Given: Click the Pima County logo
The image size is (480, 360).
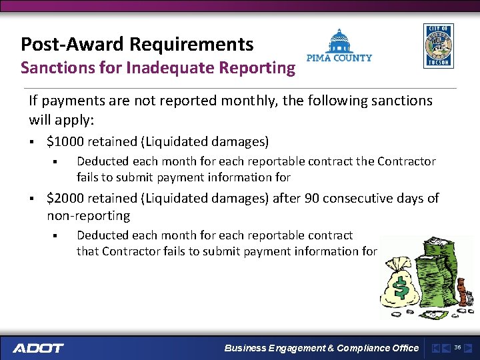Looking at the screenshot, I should (339, 45).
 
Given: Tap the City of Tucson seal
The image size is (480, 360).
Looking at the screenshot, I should (438, 46).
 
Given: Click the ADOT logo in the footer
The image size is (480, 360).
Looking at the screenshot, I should (38, 348).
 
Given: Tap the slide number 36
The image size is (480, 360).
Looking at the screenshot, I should (457, 347).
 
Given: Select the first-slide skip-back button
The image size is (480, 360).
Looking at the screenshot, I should (435, 348).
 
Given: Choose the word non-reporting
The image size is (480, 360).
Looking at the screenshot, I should (88, 216).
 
